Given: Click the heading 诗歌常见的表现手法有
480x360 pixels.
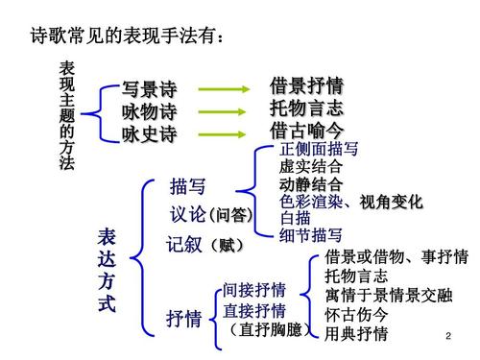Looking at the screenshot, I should coord(129,37).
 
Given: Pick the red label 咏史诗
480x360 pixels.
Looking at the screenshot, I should coord(149,134).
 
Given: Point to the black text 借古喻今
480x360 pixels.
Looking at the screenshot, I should coord(306,130).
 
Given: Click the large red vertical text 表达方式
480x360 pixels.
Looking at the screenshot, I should coord(107,272).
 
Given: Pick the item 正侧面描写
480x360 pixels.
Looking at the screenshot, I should coord(319,151).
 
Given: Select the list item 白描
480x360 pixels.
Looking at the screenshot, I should coord(295,218).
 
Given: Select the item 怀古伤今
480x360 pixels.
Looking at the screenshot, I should coord(356,315).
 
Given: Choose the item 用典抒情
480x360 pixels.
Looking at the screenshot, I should coord(356,333).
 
